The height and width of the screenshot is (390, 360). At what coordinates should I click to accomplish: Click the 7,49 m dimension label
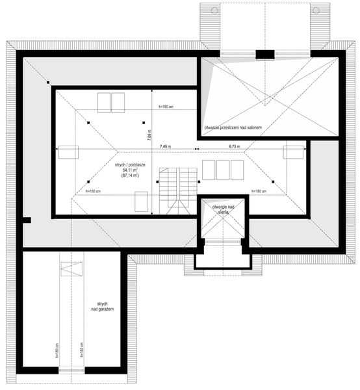coord(164,147)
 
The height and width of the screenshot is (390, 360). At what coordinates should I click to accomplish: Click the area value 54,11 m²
coord(131,170)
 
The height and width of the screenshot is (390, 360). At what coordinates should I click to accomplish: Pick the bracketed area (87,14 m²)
coord(131,176)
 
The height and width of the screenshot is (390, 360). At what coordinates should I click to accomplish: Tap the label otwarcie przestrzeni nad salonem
coord(232,128)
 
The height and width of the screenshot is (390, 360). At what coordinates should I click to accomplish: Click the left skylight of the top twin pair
coord(104,102)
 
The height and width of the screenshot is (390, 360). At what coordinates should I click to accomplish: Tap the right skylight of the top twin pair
coord(118,102)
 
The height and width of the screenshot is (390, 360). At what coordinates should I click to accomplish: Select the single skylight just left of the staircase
coord(141,201)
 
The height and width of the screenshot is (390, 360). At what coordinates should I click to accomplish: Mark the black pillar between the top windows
coord(264,54)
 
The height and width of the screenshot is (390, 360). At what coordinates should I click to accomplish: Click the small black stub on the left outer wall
coord(27,221)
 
